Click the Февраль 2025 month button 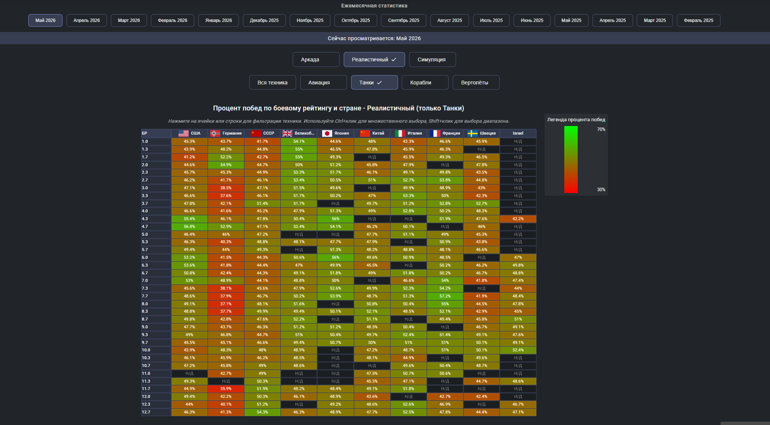(698, 20)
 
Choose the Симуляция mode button (432, 59)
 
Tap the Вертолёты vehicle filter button (476, 83)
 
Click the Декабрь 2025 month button (264, 20)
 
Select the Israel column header (518, 133)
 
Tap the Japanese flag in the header (327, 133)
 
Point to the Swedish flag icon (472, 133)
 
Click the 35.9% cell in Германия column (226, 389)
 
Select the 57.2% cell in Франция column (445, 296)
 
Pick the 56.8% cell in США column (189, 226)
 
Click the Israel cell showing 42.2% (518, 219)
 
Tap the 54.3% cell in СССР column (262, 412)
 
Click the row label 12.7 (146, 412)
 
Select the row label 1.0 (145, 141)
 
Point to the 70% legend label (601, 129)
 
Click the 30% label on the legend (601, 190)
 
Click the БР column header (144, 133)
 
